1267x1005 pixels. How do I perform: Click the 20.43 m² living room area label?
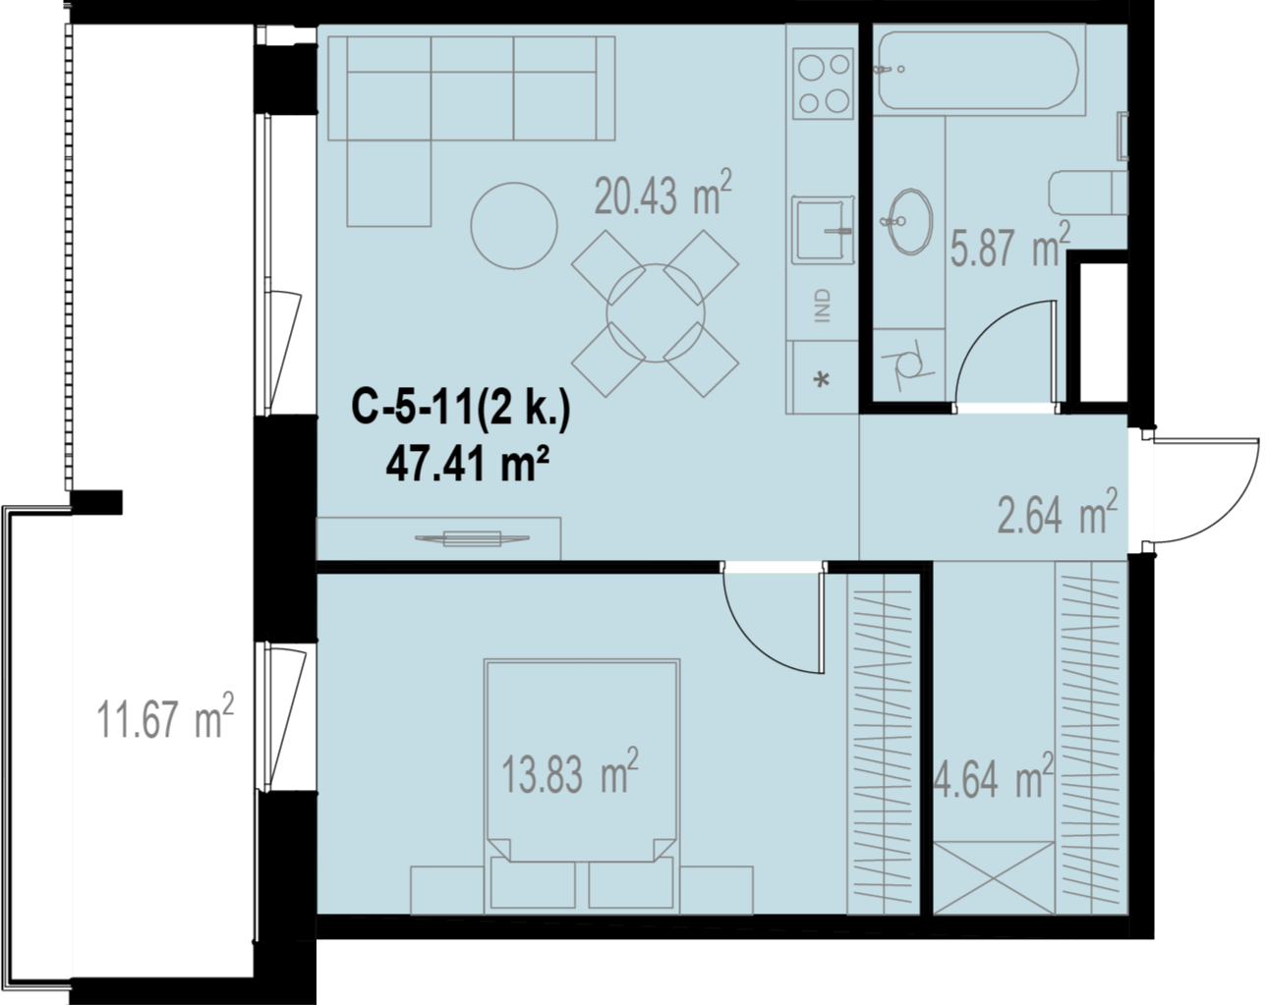coord(662,193)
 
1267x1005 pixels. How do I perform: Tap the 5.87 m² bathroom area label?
coord(1010,245)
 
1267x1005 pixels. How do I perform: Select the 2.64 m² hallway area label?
coord(1058,511)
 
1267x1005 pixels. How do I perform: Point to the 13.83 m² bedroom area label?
coord(570,771)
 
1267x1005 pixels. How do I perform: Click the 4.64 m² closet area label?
coord(994,776)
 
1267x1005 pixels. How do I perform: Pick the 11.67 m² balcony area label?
coord(165,715)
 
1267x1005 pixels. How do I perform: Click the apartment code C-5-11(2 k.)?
coord(461,407)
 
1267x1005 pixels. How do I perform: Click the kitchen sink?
coord(823,230)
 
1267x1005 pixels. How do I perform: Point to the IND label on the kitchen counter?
coord(823,306)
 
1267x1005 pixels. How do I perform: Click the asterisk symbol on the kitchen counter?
coord(822,379)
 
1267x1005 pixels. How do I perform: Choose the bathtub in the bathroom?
coord(979,71)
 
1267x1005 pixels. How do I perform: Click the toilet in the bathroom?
coord(1088,193)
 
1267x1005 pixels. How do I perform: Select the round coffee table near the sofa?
coord(514,225)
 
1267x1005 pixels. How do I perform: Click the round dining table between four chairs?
coord(656,313)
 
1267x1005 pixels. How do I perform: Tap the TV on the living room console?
coord(472,537)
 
